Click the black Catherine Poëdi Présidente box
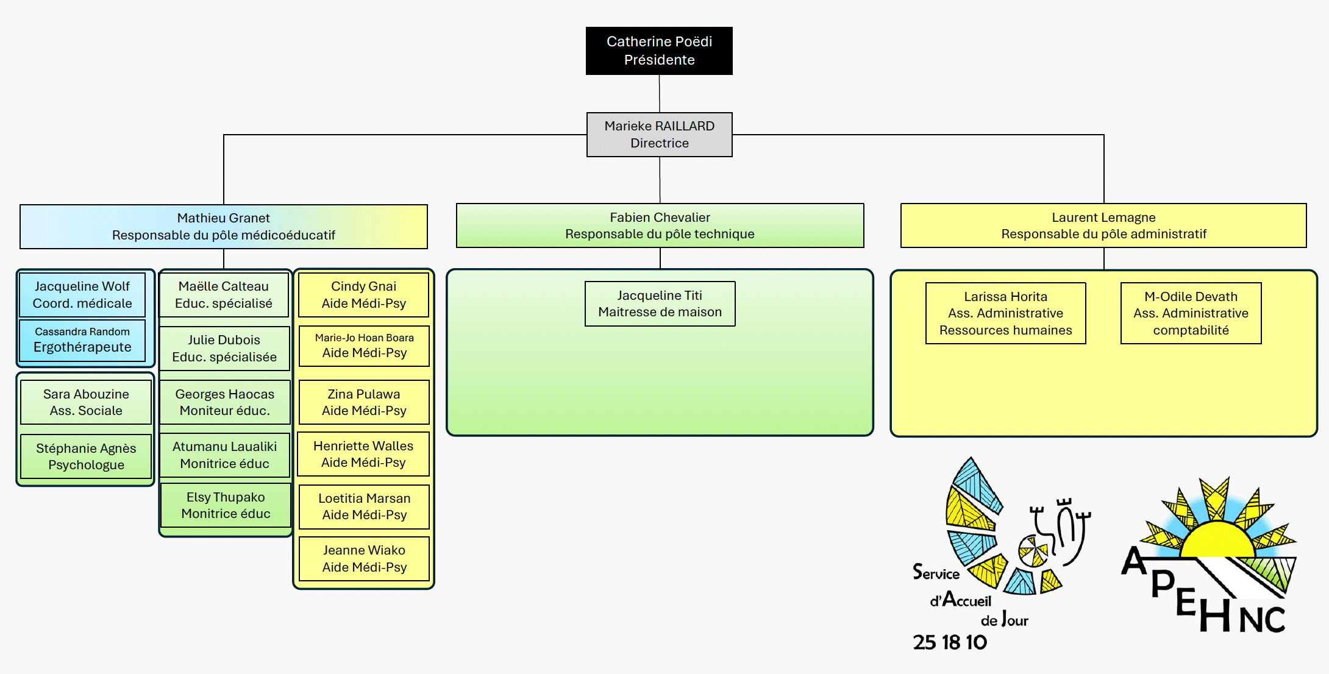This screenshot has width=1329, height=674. [659, 51]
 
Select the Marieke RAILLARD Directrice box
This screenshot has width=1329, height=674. [659, 135]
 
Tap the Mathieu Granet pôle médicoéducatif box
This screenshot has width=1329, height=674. [223, 227]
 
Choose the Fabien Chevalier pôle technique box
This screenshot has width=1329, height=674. [660, 225]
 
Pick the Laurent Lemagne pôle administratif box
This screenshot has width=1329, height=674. [1103, 225]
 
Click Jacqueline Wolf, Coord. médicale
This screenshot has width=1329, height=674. [82, 295]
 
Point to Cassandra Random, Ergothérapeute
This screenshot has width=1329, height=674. [82, 340]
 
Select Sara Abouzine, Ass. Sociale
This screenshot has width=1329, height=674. [86, 402]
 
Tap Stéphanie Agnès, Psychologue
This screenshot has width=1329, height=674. [86, 456]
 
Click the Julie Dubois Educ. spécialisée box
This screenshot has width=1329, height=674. [224, 349]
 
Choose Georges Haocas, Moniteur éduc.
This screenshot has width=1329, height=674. [224, 402]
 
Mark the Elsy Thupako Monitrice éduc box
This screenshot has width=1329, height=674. [226, 505]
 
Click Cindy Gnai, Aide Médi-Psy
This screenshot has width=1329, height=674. [364, 295]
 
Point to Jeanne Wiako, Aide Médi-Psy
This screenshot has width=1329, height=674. [364, 559]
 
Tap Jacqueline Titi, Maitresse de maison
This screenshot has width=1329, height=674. [660, 303]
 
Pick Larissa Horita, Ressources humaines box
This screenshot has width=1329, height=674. [1005, 313]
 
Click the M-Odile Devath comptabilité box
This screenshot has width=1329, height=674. [1191, 313]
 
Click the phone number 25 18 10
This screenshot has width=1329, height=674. [950, 642]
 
